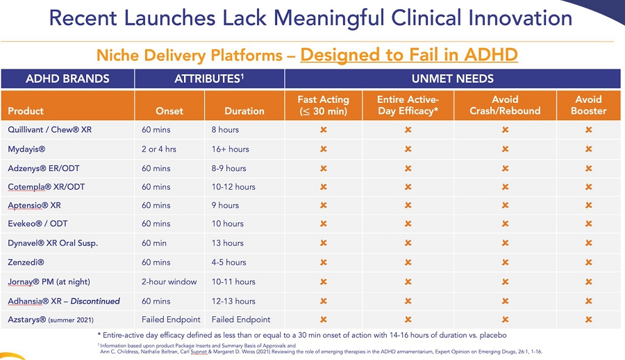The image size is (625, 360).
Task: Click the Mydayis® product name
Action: [28, 149]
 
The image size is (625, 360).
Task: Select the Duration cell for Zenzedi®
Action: [228, 263]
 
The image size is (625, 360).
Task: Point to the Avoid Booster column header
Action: [588, 105]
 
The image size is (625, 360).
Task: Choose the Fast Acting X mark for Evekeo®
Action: [323, 224]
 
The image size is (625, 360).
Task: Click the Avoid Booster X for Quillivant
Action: [589, 130]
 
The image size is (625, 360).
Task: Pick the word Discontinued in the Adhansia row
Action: [94, 301]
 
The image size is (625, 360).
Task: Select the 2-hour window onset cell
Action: [169, 281]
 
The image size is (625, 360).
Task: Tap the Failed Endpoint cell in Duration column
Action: [241, 320]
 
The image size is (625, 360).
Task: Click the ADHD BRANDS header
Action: [67, 79]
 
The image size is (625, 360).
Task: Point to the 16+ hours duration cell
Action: [230, 149]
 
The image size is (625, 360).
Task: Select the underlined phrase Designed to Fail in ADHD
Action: [409, 54]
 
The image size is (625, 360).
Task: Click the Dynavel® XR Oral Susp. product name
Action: [53, 243]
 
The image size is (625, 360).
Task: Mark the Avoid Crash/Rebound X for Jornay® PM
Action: [505, 281]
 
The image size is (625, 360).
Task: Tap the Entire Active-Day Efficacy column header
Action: [407, 105]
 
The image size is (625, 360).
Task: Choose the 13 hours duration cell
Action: [227, 243]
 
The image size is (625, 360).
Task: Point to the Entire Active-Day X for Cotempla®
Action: [407, 187]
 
